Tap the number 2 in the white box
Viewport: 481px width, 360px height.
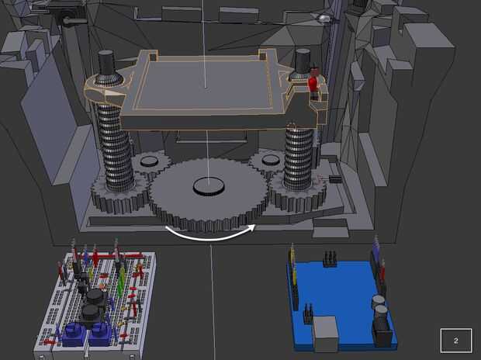click(456, 341)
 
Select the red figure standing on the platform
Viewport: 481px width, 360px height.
click(313, 81)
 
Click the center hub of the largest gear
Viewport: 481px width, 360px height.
click(209, 186)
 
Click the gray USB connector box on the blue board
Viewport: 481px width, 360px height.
click(325, 334)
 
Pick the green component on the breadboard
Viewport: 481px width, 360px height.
click(122, 280)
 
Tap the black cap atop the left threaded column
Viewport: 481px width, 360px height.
click(106, 62)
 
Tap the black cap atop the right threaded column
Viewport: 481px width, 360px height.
click(303, 61)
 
